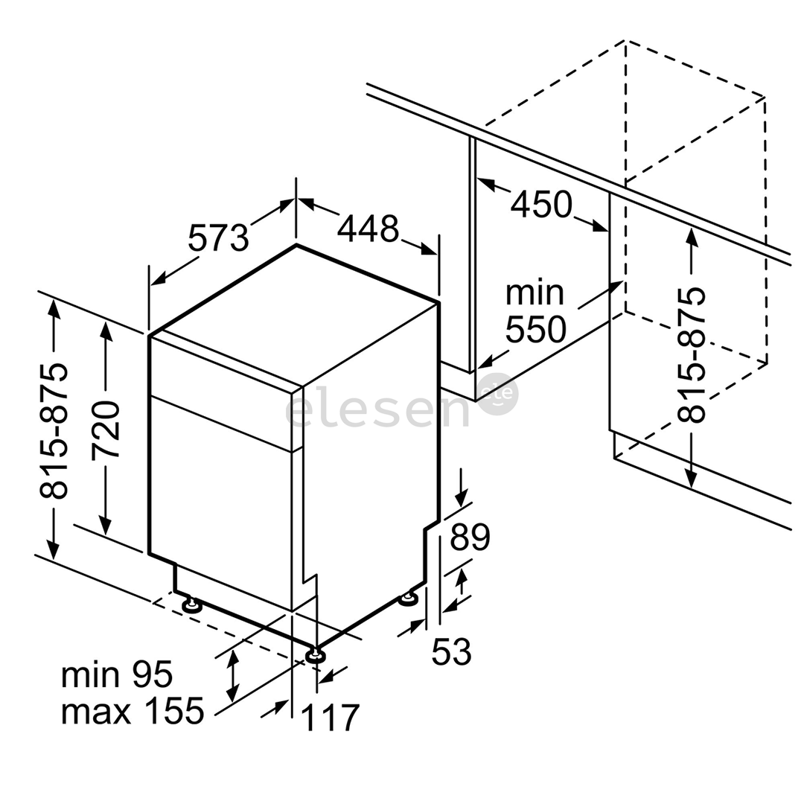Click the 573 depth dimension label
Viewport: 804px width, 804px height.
[x=218, y=238]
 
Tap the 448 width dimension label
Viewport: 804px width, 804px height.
[x=368, y=229]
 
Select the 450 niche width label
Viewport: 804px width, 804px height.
[x=541, y=203]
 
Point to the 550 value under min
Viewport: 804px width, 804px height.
[x=536, y=329]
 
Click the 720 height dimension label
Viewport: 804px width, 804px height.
[x=106, y=430]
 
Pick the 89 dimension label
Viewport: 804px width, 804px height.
[x=470, y=536]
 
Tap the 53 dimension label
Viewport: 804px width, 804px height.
[x=451, y=651]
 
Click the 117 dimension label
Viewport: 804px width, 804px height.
[x=330, y=718]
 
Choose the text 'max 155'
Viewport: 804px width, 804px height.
[x=133, y=711]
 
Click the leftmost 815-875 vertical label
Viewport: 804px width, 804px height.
[x=54, y=431]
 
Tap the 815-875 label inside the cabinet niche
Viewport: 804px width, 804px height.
[x=691, y=355]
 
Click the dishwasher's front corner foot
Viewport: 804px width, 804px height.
[x=314, y=655]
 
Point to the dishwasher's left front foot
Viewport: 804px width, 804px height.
[x=192, y=605]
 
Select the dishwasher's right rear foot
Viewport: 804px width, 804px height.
[x=409, y=599]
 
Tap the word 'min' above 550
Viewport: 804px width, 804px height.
[x=535, y=293]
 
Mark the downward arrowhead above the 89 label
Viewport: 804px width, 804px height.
[x=462, y=497]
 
